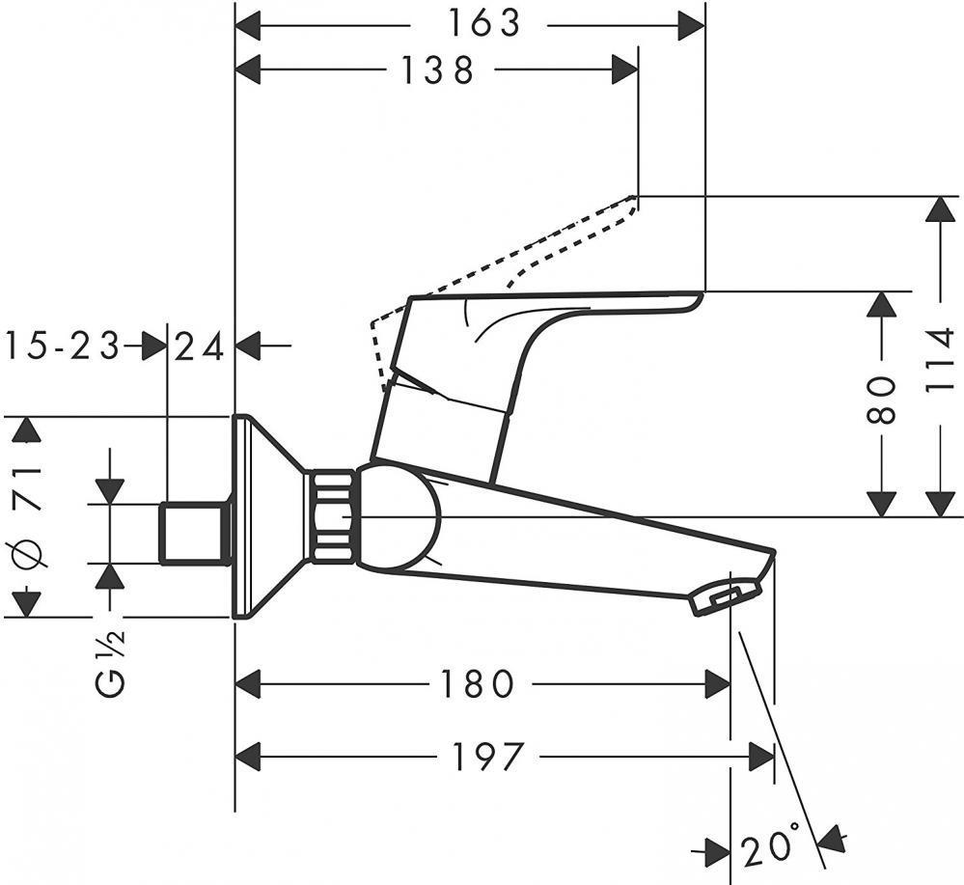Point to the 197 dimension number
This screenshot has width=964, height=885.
pyautogui.click(x=484, y=757)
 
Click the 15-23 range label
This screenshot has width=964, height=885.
pyautogui.click(x=63, y=346)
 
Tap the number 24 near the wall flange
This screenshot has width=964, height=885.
pyautogui.click(x=201, y=346)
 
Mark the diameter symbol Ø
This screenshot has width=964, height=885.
pyautogui.click(x=27, y=557)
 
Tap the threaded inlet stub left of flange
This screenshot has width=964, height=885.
pyautogui.click(x=193, y=532)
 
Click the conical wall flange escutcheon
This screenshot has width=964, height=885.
pyautogui.click(x=265, y=516)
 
